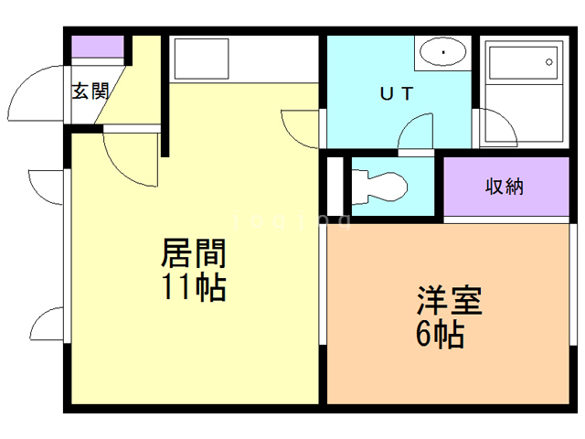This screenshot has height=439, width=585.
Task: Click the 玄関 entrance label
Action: [x=90, y=91]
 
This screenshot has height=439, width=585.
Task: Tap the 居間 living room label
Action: [x=193, y=252]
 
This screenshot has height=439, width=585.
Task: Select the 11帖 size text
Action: [x=193, y=288]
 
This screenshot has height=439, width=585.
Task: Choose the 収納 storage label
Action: [x=504, y=187]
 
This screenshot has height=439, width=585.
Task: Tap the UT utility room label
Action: [x=398, y=92]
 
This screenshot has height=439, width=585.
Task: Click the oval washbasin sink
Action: [x=443, y=53]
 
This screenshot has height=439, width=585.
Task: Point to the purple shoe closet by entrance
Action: [x=97, y=48]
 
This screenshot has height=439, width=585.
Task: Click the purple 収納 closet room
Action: [x=504, y=187]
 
